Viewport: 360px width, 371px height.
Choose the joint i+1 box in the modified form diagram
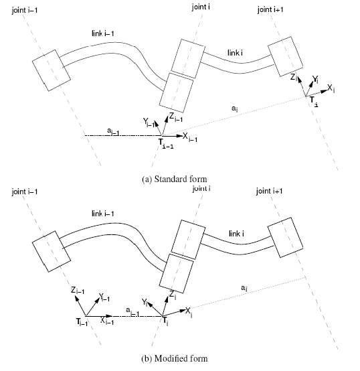(280, 234)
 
